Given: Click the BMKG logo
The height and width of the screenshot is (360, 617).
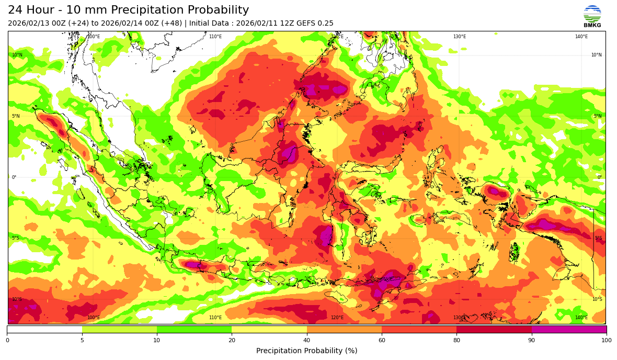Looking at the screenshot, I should click(592, 16).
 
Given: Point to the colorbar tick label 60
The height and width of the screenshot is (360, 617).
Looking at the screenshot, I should click(382, 340).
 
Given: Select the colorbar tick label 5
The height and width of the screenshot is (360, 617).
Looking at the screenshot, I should click(82, 340).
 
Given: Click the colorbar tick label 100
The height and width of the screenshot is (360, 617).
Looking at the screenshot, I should click(606, 340).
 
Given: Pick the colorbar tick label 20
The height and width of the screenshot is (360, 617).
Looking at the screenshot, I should click(232, 340).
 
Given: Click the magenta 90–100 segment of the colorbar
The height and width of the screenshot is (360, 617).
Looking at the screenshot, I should click(569, 330).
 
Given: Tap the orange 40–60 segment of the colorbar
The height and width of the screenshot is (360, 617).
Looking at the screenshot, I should click(344, 330).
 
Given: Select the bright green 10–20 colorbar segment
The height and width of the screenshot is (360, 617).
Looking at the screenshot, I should click(194, 330).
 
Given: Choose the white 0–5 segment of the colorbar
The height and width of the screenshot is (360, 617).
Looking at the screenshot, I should click(44, 330).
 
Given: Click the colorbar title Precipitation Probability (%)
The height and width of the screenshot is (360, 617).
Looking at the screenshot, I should click(306, 351).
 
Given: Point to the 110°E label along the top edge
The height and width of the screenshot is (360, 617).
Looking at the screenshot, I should click(215, 37).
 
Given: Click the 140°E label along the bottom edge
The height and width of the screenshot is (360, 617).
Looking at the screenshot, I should click(581, 318).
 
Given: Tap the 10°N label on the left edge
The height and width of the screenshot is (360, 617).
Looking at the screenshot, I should click(17, 55).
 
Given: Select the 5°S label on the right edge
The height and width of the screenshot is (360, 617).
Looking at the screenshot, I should click(598, 238).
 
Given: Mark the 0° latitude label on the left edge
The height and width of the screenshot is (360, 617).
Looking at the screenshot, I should click(14, 177).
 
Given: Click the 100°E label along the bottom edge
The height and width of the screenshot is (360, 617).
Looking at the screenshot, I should click(94, 318).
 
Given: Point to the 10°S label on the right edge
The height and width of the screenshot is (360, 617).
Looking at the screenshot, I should click(597, 299).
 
